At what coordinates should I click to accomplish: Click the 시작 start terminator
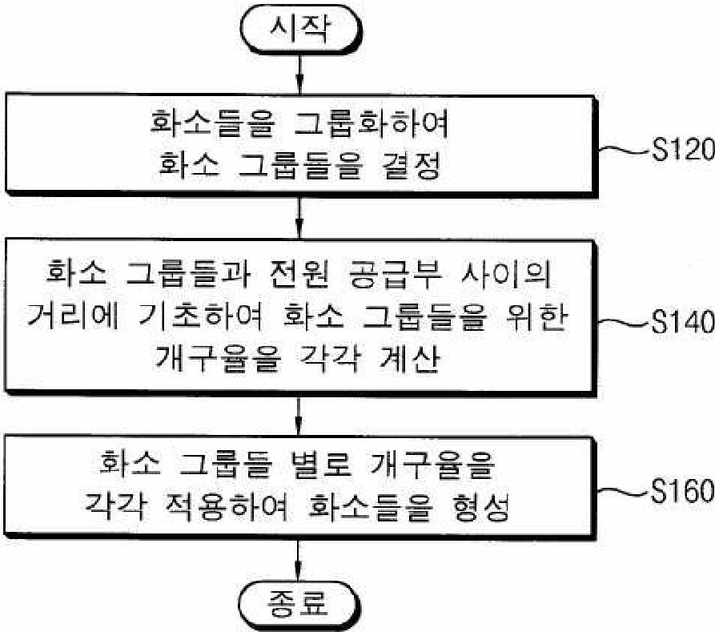tap(301, 30)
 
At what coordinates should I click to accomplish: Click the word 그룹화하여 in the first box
tap(372, 123)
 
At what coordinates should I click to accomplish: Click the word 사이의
tap(506, 275)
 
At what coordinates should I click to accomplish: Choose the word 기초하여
tap(201, 316)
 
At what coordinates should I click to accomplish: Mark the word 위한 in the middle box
tap(537, 316)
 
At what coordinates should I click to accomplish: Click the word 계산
tap(409, 356)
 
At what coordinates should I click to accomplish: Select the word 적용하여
tap(225, 505)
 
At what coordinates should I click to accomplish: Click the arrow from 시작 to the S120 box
tap(299, 74)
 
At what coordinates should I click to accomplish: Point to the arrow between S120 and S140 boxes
tap(299, 217)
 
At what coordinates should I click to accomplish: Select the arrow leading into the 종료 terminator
tap(298, 561)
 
